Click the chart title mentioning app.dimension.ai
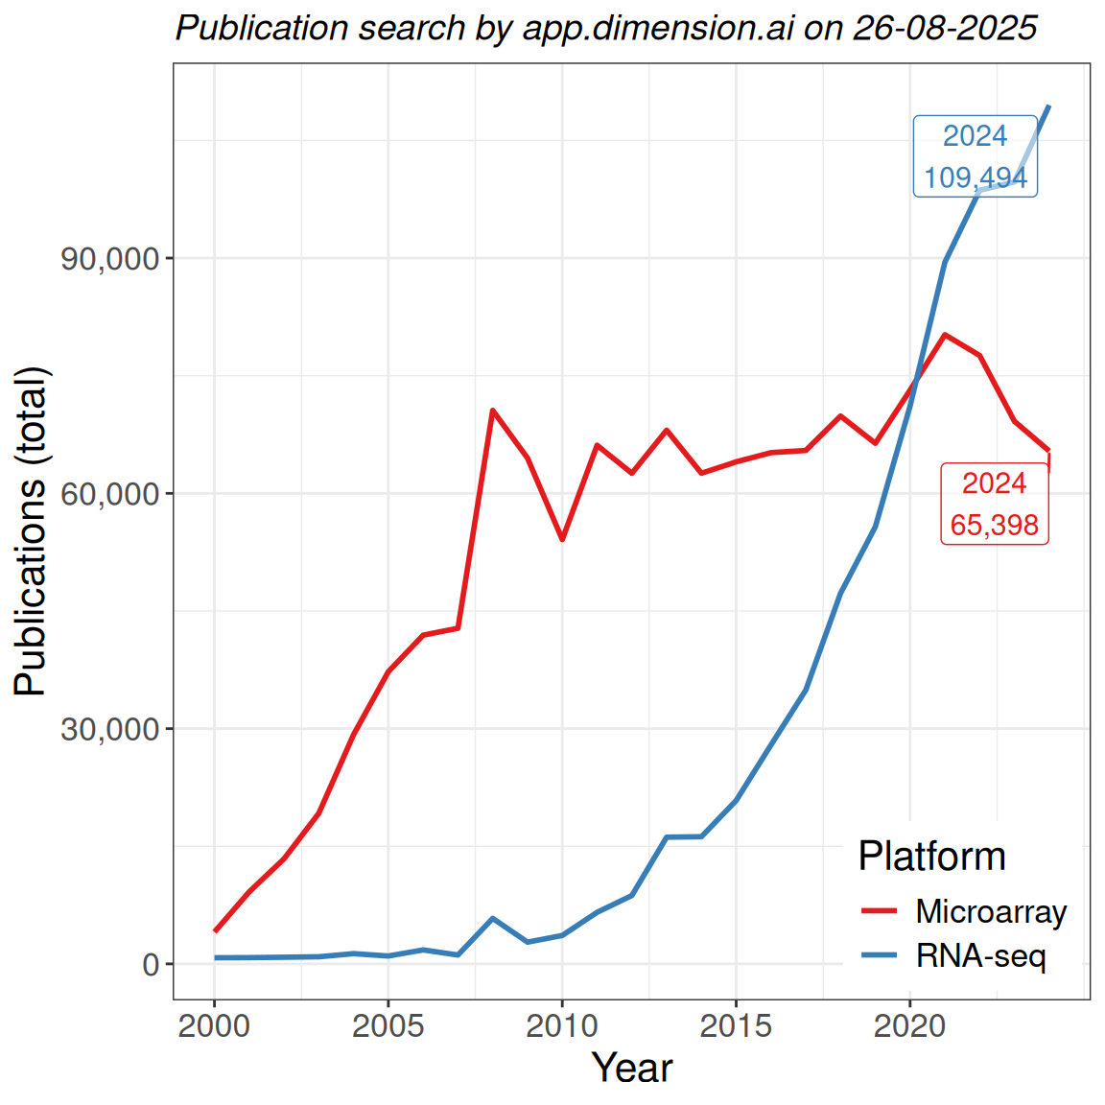pos(606,28)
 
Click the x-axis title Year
pos(632,1068)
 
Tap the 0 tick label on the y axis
pos(151,964)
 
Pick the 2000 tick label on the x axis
pos(215,1025)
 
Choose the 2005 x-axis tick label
pos(388,1025)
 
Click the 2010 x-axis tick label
pos(562,1025)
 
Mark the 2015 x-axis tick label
pos(736,1025)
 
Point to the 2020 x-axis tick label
pos(909,1025)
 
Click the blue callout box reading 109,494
pos(975,156)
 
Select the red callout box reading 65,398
pos(995,505)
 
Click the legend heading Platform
pos(931,856)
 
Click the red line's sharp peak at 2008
pos(492,411)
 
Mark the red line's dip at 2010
pos(562,540)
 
